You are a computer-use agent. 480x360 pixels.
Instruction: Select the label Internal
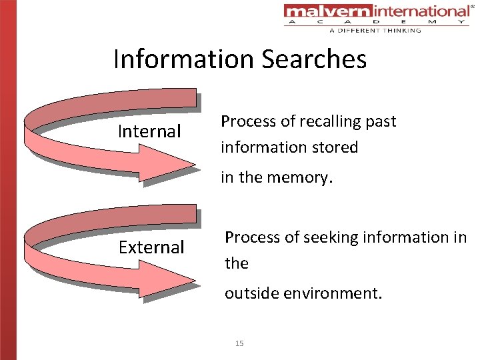(149, 132)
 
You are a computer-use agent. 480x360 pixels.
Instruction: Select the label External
(151, 247)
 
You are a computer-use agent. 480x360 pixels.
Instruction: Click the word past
(381, 122)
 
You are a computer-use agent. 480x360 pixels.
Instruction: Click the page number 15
(240, 343)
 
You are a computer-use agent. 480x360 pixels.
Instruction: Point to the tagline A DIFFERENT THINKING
(375, 30)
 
